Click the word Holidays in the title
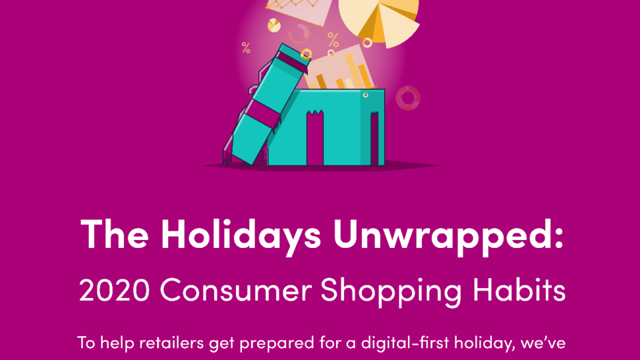coord(241,235)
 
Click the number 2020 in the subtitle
coord(114,290)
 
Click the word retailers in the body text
coord(171,343)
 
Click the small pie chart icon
coord(274,25)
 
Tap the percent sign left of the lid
coord(246,48)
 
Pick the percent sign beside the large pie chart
coord(333,40)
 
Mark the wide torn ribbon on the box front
coord(315,138)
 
